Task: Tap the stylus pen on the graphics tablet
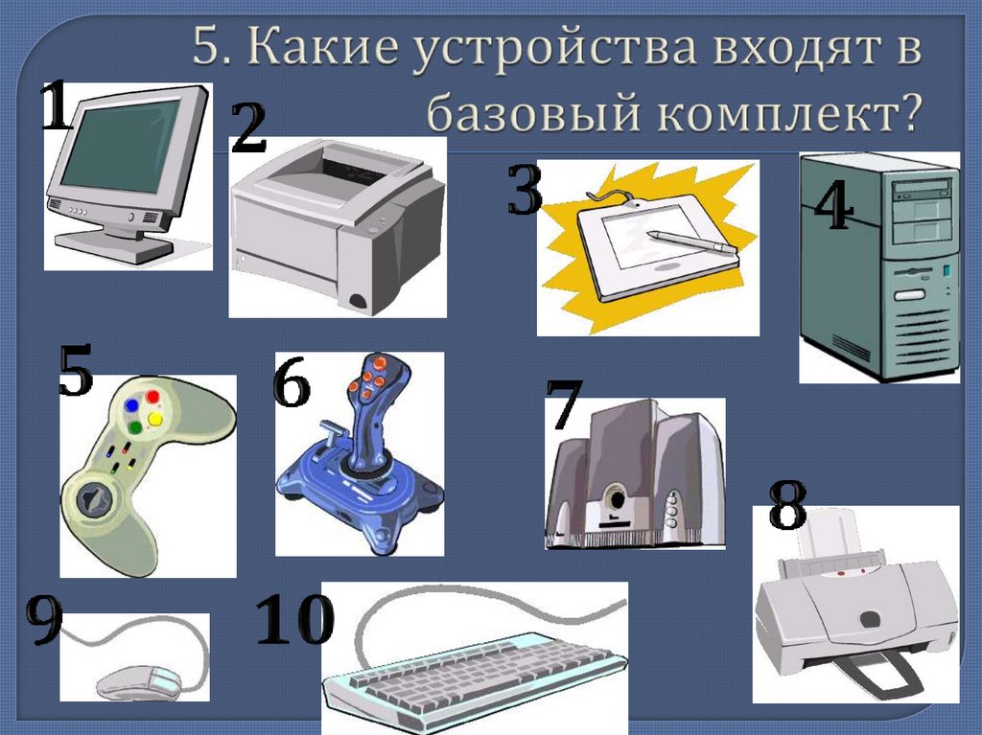690,241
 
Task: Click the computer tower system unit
877,268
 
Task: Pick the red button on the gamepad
152,395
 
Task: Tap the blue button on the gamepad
131,406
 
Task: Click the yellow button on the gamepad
154,420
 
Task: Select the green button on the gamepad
136,426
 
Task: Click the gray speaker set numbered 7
633,474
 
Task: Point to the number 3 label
525,191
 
